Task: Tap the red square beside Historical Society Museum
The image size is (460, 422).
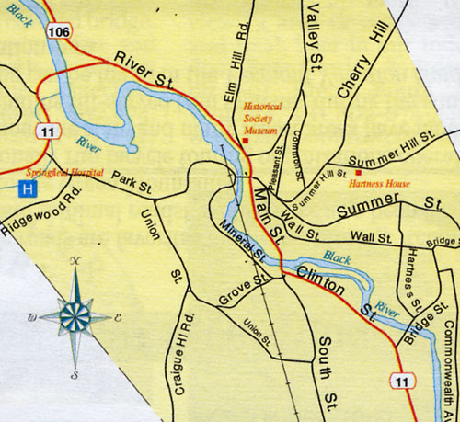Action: click(x=245, y=140)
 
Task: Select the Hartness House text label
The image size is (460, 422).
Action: click(x=380, y=183)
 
